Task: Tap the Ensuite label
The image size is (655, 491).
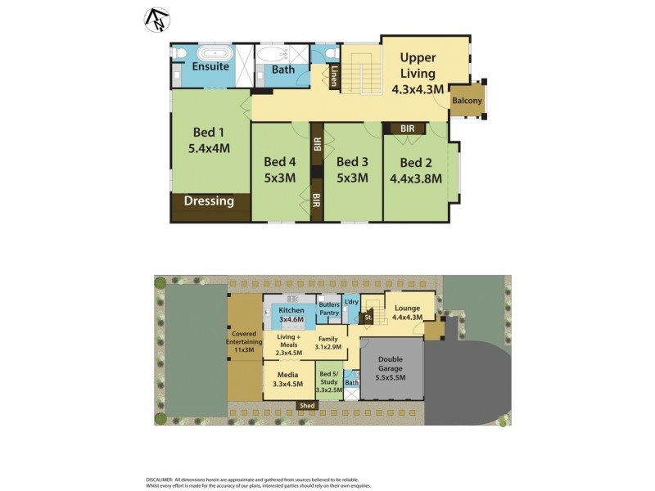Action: click(x=210, y=66)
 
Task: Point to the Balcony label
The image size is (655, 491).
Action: click(x=468, y=101)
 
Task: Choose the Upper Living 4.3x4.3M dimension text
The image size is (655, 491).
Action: click(x=418, y=88)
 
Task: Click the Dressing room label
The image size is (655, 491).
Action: click(x=209, y=201)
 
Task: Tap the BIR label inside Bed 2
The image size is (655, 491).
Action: click(x=407, y=128)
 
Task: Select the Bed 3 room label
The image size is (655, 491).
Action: click(x=352, y=162)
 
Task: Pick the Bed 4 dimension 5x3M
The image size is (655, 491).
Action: click(x=279, y=178)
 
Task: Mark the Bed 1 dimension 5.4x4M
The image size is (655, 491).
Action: click(x=208, y=149)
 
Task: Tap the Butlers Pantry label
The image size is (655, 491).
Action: click(x=329, y=309)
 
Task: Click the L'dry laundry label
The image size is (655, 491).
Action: click(x=351, y=303)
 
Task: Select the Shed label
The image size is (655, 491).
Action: click(x=308, y=405)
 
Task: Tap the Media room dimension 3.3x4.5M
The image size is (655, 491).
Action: click(x=287, y=384)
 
